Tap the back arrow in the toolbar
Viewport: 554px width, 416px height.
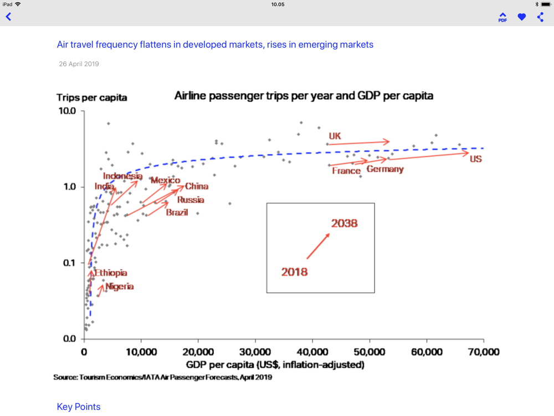9,17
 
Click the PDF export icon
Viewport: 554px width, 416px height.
502,17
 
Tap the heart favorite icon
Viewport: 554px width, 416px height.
522,17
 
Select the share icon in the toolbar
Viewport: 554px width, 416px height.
541,17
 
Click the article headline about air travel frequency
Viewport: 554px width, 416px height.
215,44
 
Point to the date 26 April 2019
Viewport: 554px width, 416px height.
79,64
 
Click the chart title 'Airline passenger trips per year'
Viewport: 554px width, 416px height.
304,95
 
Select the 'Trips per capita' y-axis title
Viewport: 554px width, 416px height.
91,98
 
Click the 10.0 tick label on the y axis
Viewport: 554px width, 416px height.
67,111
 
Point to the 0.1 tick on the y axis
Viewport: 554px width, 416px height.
69,263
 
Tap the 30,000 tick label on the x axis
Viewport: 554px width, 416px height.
255,352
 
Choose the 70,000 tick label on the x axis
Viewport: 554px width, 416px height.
483,352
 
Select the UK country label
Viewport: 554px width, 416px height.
335,136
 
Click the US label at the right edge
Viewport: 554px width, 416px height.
475,159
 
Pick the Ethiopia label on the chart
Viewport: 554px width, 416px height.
111,273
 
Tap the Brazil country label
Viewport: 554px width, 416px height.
177,212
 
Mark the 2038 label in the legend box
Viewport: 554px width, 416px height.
344,224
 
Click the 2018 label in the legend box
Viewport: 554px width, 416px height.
294,272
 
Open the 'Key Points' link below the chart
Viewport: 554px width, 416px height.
79,407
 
